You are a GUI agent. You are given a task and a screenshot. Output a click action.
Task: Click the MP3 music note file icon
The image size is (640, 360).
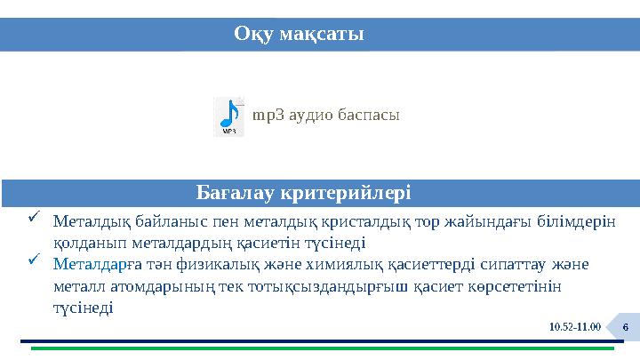[228, 116]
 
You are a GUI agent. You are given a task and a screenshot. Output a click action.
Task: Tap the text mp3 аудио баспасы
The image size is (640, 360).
[325, 116]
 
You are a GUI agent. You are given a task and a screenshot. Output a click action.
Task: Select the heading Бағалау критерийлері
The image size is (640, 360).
[302, 192]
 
